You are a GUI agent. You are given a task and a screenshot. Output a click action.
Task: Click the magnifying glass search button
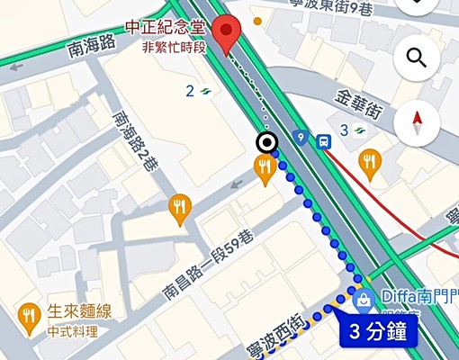point(417,58)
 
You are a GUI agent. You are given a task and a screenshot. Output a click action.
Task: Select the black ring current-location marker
point(265,141)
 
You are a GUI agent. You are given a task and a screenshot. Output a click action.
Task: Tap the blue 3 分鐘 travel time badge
point(379,331)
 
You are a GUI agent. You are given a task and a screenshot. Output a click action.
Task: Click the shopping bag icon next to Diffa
point(363,299)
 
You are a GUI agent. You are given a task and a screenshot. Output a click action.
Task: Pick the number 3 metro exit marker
point(352,130)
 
